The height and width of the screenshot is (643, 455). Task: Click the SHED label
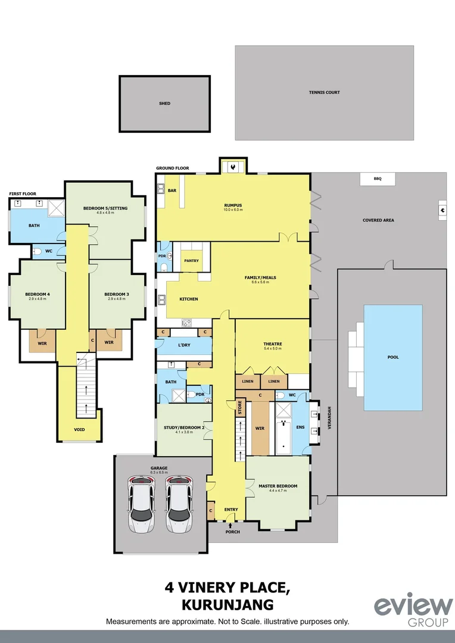pyautogui.click(x=164, y=104)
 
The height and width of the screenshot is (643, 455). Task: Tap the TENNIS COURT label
pyautogui.click(x=324, y=92)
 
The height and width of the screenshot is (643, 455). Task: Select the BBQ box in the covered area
pyautogui.click(x=376, y=179)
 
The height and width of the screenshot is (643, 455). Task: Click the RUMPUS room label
pyautogui.click(x=232, y=205)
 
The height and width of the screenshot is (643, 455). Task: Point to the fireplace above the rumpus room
pyautogui.click(x=233, y=167)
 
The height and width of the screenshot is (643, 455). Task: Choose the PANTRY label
pyautogui.click(x=191, y=261)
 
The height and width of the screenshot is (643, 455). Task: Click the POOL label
pyautogui.click(x=392, y=357)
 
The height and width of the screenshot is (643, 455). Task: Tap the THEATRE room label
pyautogui.click(x=272, y=344)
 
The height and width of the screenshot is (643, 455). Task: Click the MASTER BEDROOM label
pyautogui.click(x=278, y=486)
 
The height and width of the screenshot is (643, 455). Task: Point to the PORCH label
pyautogui.click(x=232, y=532)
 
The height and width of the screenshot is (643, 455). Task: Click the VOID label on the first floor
pyautogui.click(x=79, y=429)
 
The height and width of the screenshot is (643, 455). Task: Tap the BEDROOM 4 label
pyautogui.click(x=37, y=295)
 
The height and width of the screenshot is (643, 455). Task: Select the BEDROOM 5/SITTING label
pyautogui.click(x=105, y=208)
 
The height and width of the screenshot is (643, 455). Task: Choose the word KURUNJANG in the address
pyautogui.click(x=227, y=605)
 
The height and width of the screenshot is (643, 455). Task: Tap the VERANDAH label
pyautogui.click(x=329, y=420)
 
